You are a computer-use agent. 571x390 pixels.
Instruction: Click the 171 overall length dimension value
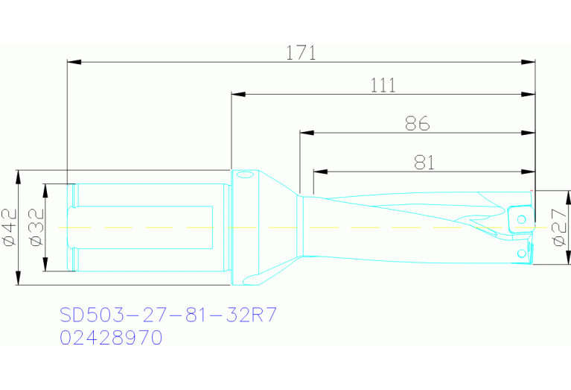tap(302, 53)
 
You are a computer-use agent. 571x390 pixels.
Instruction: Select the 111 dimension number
tap(383, 86)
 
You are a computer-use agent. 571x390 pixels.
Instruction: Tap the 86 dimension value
tap(418, 124)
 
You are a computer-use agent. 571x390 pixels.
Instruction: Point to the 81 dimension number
tap(424, 162)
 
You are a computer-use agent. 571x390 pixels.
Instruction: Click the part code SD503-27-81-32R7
tap(168, 315)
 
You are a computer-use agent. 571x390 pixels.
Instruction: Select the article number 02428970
tap(111, 337)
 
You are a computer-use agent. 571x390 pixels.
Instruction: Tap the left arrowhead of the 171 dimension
tap(72, 62)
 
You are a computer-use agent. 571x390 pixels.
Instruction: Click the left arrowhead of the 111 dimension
tap(237, 95)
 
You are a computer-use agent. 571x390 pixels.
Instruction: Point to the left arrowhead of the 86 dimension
tap(304, 133)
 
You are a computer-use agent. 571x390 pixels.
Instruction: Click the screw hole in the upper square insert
tap(522, 218)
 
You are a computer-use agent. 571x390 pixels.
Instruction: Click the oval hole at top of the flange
tap(245, 176)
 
